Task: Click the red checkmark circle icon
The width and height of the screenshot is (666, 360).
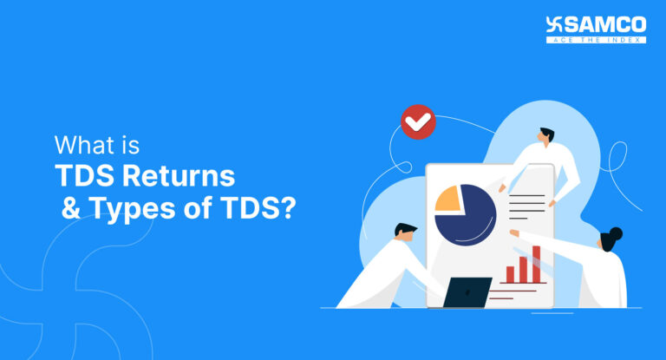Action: (420, 122)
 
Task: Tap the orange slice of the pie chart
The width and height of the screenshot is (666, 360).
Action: (448, 199)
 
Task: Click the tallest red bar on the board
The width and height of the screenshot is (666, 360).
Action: (536, 264)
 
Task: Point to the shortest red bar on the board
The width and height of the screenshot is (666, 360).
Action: (510, 274)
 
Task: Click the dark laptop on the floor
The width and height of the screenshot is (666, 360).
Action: (467, 292)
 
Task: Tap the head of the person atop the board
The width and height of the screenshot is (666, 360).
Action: (545, 138)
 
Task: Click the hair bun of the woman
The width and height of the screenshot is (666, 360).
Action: (617, 233)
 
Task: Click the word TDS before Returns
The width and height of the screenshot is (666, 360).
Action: (83, 176)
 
